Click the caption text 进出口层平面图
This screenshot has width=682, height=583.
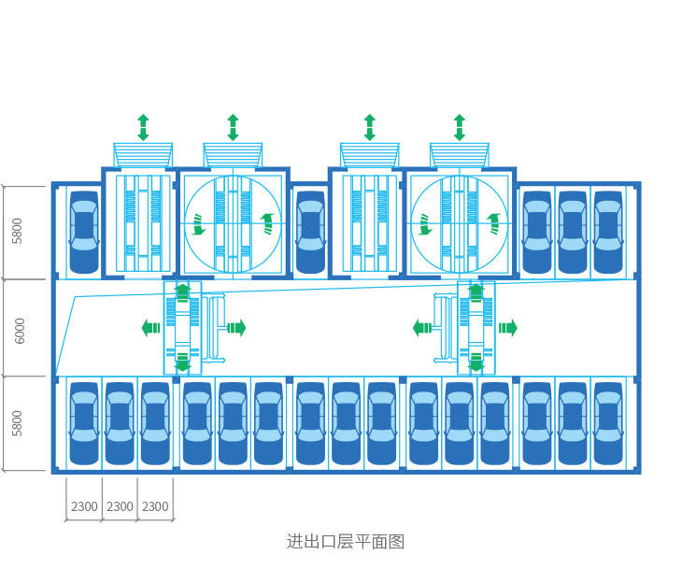point(345,542)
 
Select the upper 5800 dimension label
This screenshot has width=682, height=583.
point(18,231)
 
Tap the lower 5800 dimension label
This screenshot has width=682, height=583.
point(18,423)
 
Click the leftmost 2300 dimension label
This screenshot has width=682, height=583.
point(84,506)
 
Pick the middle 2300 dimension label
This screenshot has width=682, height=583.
point(120,506)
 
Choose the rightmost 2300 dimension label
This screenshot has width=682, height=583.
point(155,506)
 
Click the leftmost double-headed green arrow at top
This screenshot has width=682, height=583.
point(143,127)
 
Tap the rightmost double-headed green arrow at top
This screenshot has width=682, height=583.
point(460,127)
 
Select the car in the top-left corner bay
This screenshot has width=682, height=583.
point(84,233)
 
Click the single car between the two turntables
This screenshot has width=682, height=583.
point(310,233)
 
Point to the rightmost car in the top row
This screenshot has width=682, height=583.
point(608,233)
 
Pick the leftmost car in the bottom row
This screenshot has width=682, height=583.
point(84,423)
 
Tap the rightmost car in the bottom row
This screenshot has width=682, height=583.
point(608,423)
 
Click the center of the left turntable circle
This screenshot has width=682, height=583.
point(233,224)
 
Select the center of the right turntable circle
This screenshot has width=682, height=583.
point(460,224)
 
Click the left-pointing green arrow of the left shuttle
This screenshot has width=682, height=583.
point(150,328)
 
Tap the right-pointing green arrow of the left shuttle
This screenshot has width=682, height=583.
point(236,328)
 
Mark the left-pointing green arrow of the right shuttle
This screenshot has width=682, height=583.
point(422,328)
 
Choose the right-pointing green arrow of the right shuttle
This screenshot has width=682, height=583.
point(507,328)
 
